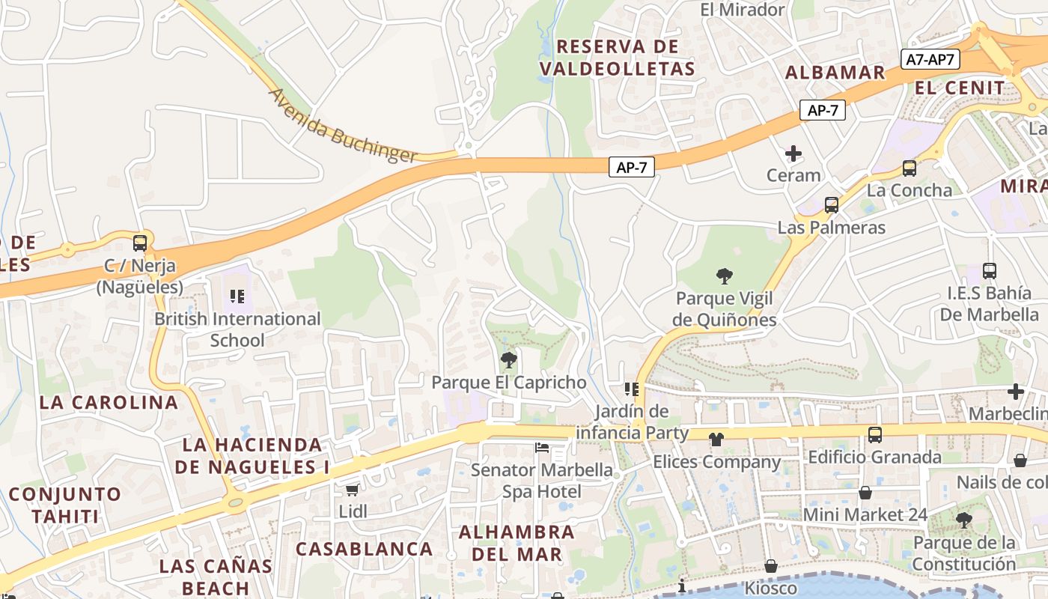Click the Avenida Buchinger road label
[342, 126]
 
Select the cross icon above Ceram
[793, 154]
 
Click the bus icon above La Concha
[910, 168]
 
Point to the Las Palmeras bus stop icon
[831, 205]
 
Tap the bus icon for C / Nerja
[140, 243]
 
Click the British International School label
[237, 329]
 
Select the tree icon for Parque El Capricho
[509, 360]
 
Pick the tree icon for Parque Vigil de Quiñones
[724, 276]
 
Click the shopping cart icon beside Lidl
[352, 490]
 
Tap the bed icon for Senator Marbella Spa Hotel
[542, 449]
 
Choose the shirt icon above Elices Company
[716, 440]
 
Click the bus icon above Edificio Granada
[874, 435]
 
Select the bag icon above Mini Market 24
[865, 493]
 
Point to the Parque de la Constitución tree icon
[964, 520]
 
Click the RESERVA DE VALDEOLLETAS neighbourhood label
[617, 58]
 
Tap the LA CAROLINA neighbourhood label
[109, 402]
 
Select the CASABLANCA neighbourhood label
[365, 549]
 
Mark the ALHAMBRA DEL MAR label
[517, 544]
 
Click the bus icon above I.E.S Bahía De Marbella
[990, 271]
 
